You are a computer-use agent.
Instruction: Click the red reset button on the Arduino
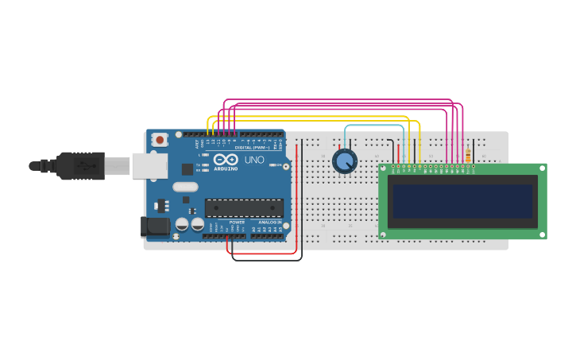pos(160,140)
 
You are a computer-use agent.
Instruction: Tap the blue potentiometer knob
pos(344,162)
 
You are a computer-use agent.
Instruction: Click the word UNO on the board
pos(254,160)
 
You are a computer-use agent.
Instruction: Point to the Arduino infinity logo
pos(226,159)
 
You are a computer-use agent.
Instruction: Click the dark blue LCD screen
pos(460,201)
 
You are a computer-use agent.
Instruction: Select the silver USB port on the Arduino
pos(149,165)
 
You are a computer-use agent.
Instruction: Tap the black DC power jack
pos(155,226)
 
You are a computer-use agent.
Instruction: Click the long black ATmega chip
pos(244,207)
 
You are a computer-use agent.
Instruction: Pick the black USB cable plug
pos(79,165)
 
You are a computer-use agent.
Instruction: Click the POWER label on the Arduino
pos(237,223)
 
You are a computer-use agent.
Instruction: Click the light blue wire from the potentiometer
pos(373,126)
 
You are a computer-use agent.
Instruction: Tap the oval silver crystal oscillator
pos(185,188)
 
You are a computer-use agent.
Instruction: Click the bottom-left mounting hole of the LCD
pos(383,234)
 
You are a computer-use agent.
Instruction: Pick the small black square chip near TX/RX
pos(187,168)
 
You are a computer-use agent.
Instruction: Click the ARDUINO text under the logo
pos(226,168)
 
